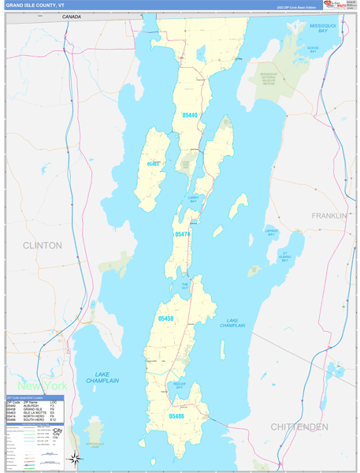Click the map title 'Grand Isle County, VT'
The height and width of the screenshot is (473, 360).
(x=38, y=5)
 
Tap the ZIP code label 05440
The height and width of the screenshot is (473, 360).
(x=189, y=115)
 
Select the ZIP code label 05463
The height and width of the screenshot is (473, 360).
(x=154, y=164)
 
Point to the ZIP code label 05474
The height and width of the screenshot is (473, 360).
(x=182, y=234)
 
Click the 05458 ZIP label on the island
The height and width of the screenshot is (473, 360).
(x=165, y=318)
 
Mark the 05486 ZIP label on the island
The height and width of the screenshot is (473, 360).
(x=176, y=415)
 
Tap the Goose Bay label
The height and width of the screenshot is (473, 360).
(x=313, y=49)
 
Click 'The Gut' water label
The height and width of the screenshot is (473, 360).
(x=185, y=286)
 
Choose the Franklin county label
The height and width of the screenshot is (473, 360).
(x=328, y=215)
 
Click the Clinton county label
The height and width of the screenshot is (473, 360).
(x=42, y=245)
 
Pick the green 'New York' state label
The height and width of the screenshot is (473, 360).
(x=42, y=385)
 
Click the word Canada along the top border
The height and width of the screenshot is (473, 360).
(x=72, y=17)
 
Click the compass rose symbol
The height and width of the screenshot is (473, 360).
(x=74, y=458)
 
